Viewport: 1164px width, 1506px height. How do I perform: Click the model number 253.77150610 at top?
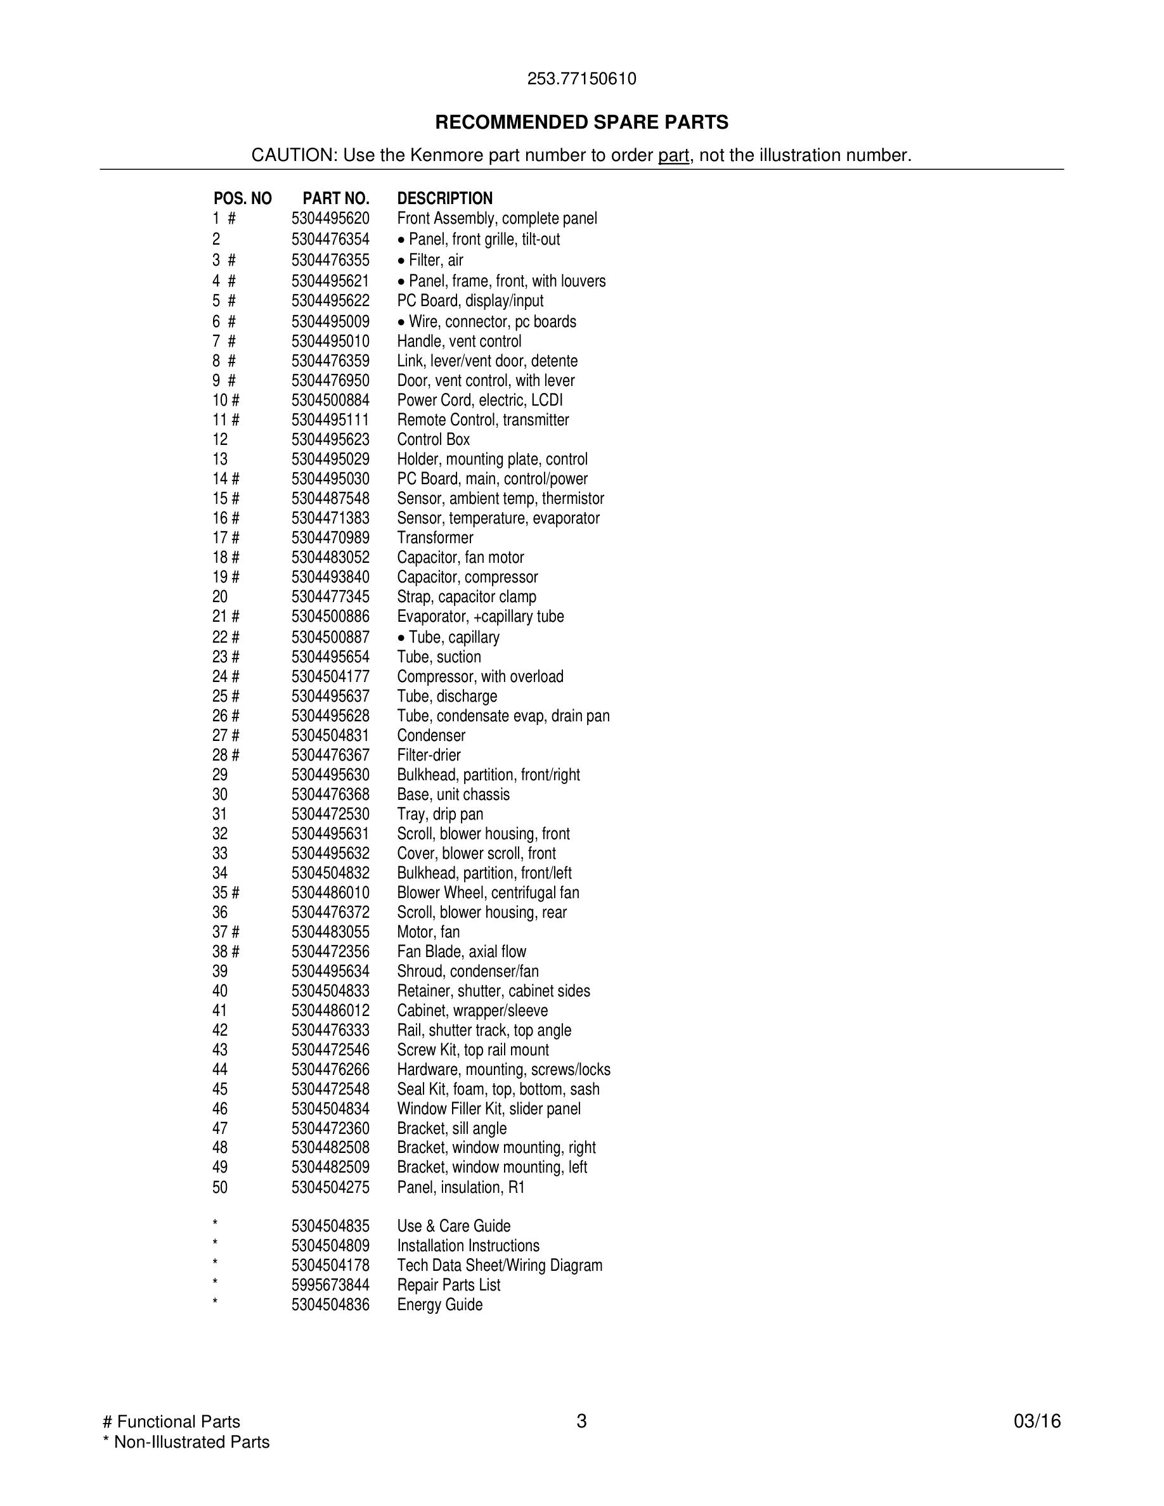[x=581, y=79]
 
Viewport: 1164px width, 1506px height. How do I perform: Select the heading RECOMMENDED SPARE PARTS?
[x=581, y=122]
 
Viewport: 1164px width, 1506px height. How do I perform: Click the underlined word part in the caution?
[x=673, y=155]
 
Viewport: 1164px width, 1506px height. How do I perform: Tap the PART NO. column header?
[x=336, y=198]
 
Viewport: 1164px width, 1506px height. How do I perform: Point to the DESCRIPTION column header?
[x=445, y=198]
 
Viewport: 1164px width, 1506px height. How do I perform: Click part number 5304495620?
[x=330, y=219]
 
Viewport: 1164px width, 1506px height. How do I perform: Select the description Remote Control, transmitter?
[x=482, y=420]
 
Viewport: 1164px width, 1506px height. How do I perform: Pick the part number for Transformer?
[x=330, y=538]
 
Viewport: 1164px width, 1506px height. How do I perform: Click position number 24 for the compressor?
[x=220, y=676]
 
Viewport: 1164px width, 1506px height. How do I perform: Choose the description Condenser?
[x=431, y=736]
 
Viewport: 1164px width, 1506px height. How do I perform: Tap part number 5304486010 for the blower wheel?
[x=330, y=893]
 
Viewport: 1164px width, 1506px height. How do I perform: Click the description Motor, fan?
[x=428, y=932]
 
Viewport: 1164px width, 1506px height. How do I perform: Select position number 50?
[x=220, y=1187]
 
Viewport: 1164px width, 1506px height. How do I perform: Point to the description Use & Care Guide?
[x=454, y=1226]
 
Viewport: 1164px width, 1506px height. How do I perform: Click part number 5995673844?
[x=330, y=1285]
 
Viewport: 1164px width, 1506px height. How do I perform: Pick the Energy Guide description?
[x=439, y=1304]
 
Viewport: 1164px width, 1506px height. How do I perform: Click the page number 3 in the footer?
[x=581, y=1421]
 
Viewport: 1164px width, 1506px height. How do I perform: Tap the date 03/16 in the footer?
[x=1037, y=1421]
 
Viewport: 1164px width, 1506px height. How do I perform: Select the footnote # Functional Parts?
[x=171, y=1422]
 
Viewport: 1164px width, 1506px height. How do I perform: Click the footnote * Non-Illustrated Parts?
[x=186, y=1442]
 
